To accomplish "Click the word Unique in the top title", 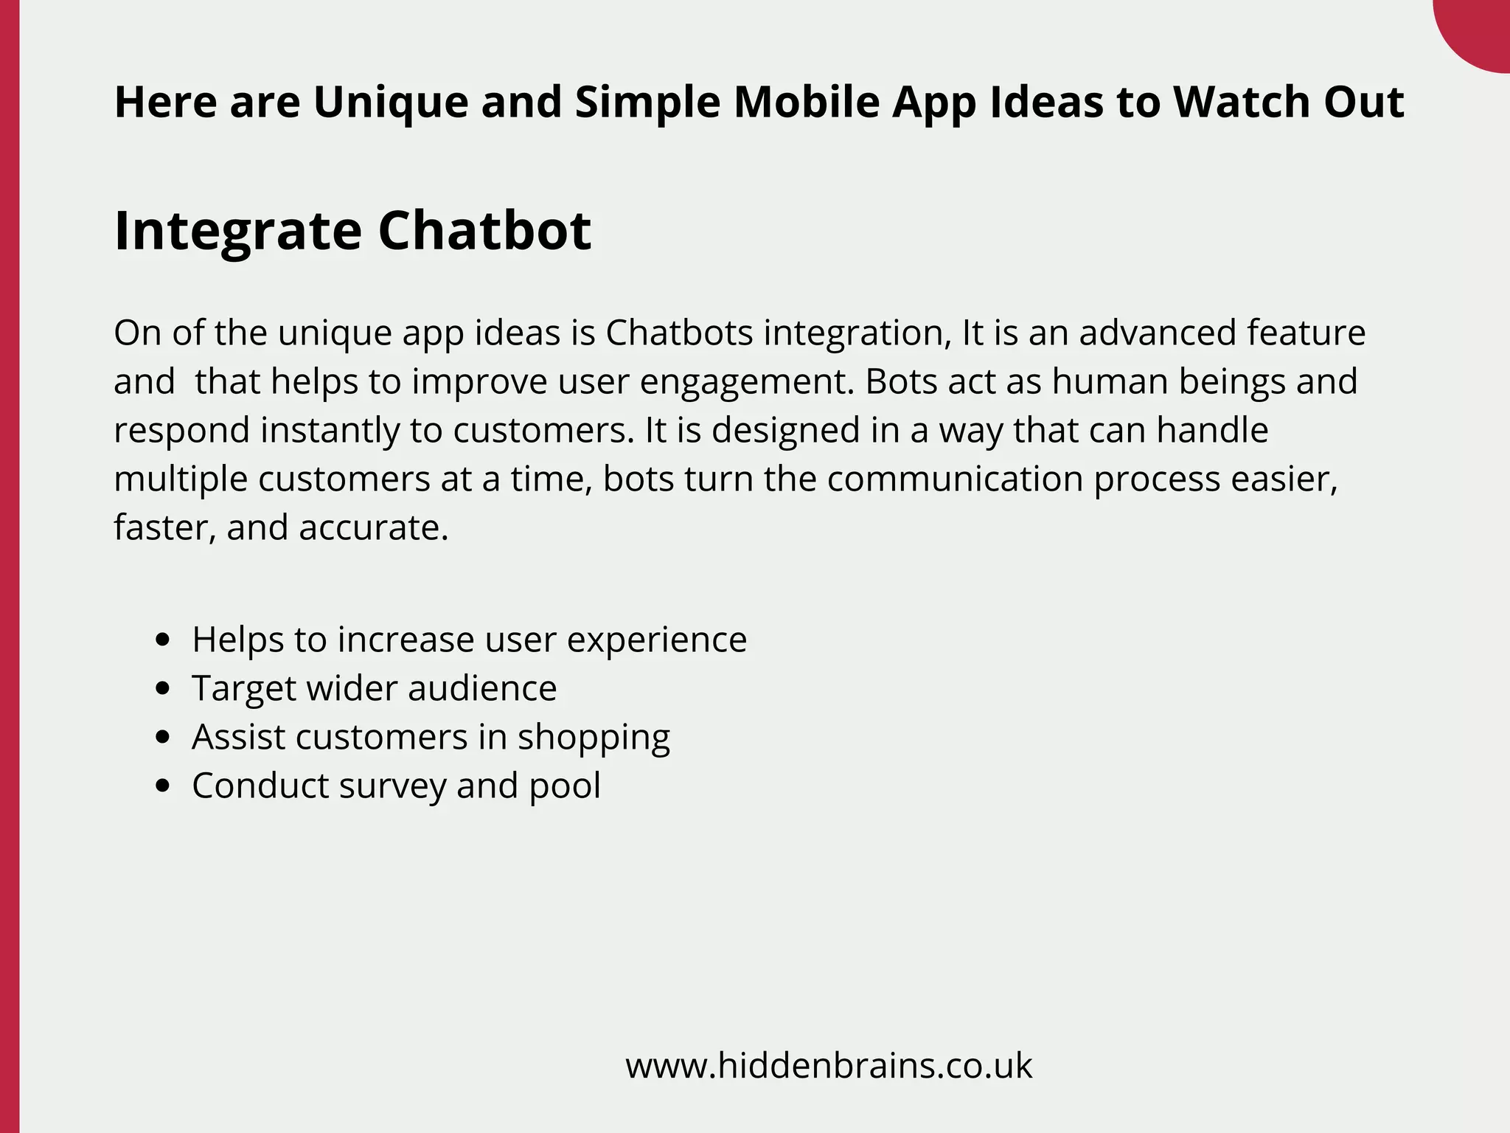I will (x=391, y=102).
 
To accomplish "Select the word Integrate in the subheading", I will (x=238, y=231).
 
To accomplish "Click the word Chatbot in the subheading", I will (x=484, y=231).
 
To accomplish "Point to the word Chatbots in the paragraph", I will (x=679, y=333).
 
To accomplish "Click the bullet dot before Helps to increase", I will (x=164, y=640).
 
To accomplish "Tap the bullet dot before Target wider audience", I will (x=164, y=688).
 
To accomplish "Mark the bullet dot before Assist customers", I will (x=164, y=737).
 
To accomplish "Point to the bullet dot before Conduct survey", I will (x=164, y=786).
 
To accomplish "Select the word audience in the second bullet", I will (x=482, y=688).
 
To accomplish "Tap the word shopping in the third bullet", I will (x=594, y=737).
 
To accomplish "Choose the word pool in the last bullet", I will (x=565, y=786).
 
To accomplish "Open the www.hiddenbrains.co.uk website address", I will (x=829, y=1066).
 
